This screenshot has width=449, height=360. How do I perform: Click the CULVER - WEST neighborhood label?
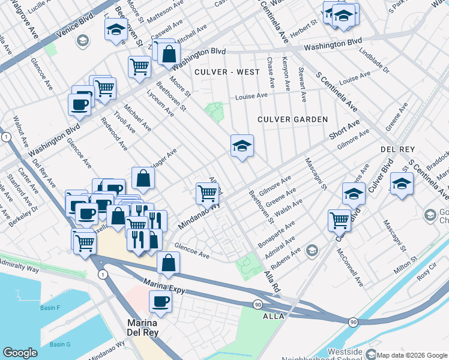pos(228,72)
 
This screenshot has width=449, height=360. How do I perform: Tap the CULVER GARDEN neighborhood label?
pos(292,119)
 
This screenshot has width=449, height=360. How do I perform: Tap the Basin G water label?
pos(60,344)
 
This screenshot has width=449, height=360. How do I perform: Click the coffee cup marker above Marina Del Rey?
pos(160,301)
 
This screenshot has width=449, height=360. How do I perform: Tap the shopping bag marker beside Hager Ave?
pos(143,178)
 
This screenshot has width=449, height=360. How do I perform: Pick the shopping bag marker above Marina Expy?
pos(169,262)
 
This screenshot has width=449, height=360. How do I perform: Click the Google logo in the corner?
pos(20,353)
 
